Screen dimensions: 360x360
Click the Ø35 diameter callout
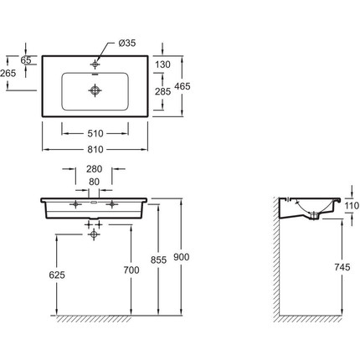click(x=126, y=43)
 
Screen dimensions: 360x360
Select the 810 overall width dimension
click(x=95, y=150)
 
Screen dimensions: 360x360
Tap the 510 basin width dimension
click(x=95, y=134)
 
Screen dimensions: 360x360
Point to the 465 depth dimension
click(x=183, y=86)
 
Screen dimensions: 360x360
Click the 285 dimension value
click(x=162, y=91)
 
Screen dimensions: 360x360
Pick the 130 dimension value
click(x=162, y=64)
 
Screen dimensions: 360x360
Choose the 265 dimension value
click(x=8, y=73)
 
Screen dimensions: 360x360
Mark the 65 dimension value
click(x=26, y=59)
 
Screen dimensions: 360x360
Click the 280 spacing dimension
click(x=95, y=169)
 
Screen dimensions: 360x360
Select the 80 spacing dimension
click(x=95, y=182)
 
